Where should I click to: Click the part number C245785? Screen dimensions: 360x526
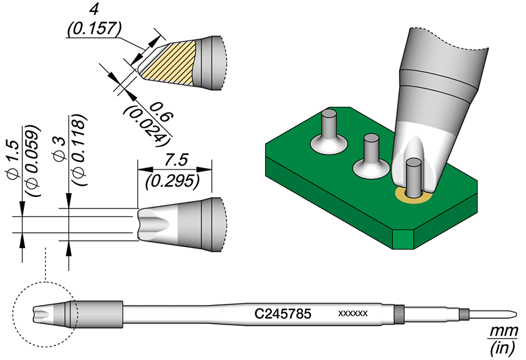tap(283, 314)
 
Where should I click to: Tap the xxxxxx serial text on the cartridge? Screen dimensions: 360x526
tap(352, 314)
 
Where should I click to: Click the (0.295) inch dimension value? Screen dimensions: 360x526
tap(174, 180)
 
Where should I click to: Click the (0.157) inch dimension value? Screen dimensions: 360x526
tap(95, 29)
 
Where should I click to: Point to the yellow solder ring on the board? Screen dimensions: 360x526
tap(403, 196)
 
